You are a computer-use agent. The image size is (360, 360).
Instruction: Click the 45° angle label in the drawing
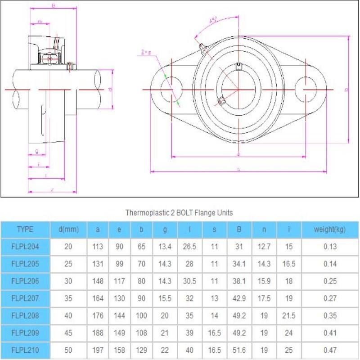[x=213, y=20]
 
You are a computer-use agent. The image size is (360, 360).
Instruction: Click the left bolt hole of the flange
[x=171, y=90]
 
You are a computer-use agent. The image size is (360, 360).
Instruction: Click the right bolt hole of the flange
[x=306, y=90]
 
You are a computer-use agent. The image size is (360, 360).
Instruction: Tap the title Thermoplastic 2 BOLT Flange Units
[x=179, y=213]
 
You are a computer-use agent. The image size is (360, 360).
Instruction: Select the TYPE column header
[x=25, y=229]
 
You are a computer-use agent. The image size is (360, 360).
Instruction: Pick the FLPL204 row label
[x=25, y=247]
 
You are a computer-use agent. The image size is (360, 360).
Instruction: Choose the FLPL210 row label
[x=25, y=349]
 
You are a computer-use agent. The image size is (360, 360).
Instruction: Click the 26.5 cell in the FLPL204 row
[x=190, y=247]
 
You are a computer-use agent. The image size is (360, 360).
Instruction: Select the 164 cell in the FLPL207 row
[x=98, y=298]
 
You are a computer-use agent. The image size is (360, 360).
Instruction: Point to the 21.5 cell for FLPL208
[x=289, y=315]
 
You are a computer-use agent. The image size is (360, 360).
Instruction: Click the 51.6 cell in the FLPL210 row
[x=239, y=349]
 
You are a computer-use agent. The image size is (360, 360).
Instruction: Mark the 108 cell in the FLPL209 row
[x=141, y=332]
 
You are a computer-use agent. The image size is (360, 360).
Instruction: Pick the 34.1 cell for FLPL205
[x=239, y=264]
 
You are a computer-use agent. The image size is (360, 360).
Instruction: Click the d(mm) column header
[x=68, y=229]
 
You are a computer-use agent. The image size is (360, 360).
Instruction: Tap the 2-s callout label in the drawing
[x=145, y=53]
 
